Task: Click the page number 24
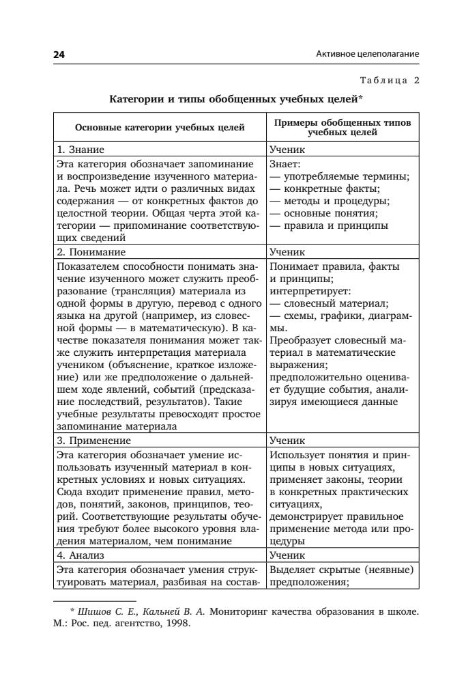(59, 53)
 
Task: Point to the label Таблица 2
(385, 81)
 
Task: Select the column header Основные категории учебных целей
(159, 127)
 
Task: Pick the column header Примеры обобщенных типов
(343, 122)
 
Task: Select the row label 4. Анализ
(81, 555)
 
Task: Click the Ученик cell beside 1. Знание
(287, 149)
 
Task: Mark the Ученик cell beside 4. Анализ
(287, 555)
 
